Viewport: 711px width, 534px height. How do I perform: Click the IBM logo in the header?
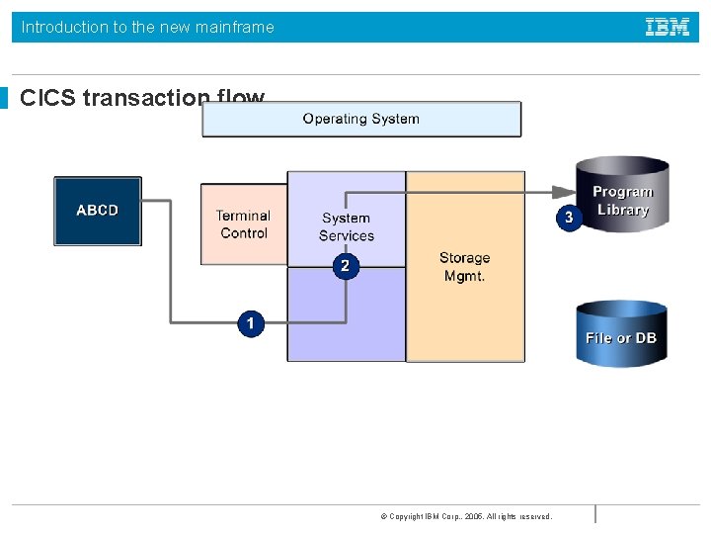tap(668, 28)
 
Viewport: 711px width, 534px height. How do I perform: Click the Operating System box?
tap(361, 119)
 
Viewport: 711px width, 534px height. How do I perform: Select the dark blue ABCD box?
tap(97, 211)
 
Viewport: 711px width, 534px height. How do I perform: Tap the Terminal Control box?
tap(243, 224)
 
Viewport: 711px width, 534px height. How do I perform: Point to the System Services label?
tap(346, 226)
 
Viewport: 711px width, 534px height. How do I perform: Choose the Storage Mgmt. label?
tap(464, 267)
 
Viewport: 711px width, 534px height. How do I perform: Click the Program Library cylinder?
tap(622, 196)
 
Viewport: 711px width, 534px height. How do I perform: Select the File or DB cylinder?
tap(621, 334)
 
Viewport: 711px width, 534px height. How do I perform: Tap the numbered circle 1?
tap(251, 323)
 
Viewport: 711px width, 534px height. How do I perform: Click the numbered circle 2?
tap(345, 266)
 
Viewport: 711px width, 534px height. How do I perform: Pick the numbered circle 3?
tap(568, 217)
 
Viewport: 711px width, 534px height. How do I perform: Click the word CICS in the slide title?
tap(48, 99)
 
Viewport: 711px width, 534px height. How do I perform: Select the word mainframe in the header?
tap(235, 28)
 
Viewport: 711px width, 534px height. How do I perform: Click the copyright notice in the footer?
tap(465, 516)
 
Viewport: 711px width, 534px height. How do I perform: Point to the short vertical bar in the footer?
tap(595, 514)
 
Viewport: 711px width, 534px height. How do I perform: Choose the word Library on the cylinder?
tap(622, 210)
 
